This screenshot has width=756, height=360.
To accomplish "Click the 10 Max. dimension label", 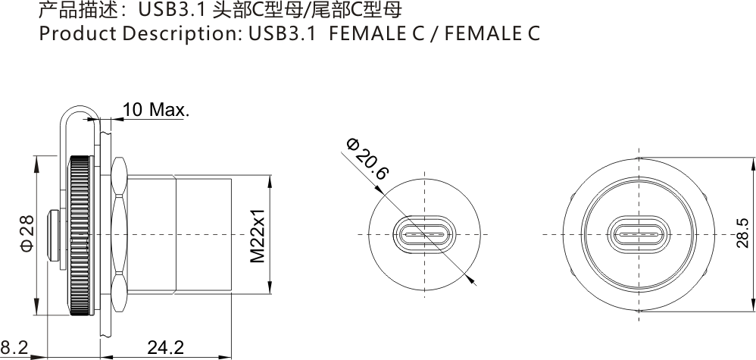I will tap(155, 110).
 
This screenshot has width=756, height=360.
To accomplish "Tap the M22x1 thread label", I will tap(258, 235).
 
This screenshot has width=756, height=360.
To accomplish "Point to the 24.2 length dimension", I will tap(165, 348).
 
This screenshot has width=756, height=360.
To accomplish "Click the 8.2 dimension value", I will tap(14, 348).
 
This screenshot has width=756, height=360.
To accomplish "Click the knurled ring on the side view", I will tap(81, 235).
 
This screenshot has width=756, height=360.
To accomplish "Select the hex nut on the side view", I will tap(118, 235).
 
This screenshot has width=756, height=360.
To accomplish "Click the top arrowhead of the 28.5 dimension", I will tap(752, 162).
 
